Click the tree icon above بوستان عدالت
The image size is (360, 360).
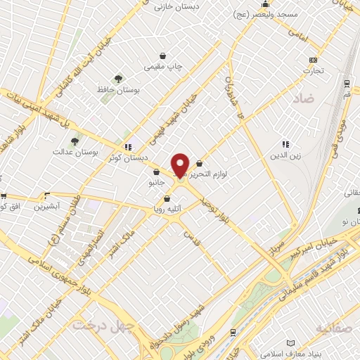(75, 141)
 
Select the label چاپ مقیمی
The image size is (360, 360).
(163, 67)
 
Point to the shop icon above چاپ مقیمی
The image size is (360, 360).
(163, 56)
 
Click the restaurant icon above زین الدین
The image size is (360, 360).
(285, 143)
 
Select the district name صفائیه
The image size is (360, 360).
(333, 328)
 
